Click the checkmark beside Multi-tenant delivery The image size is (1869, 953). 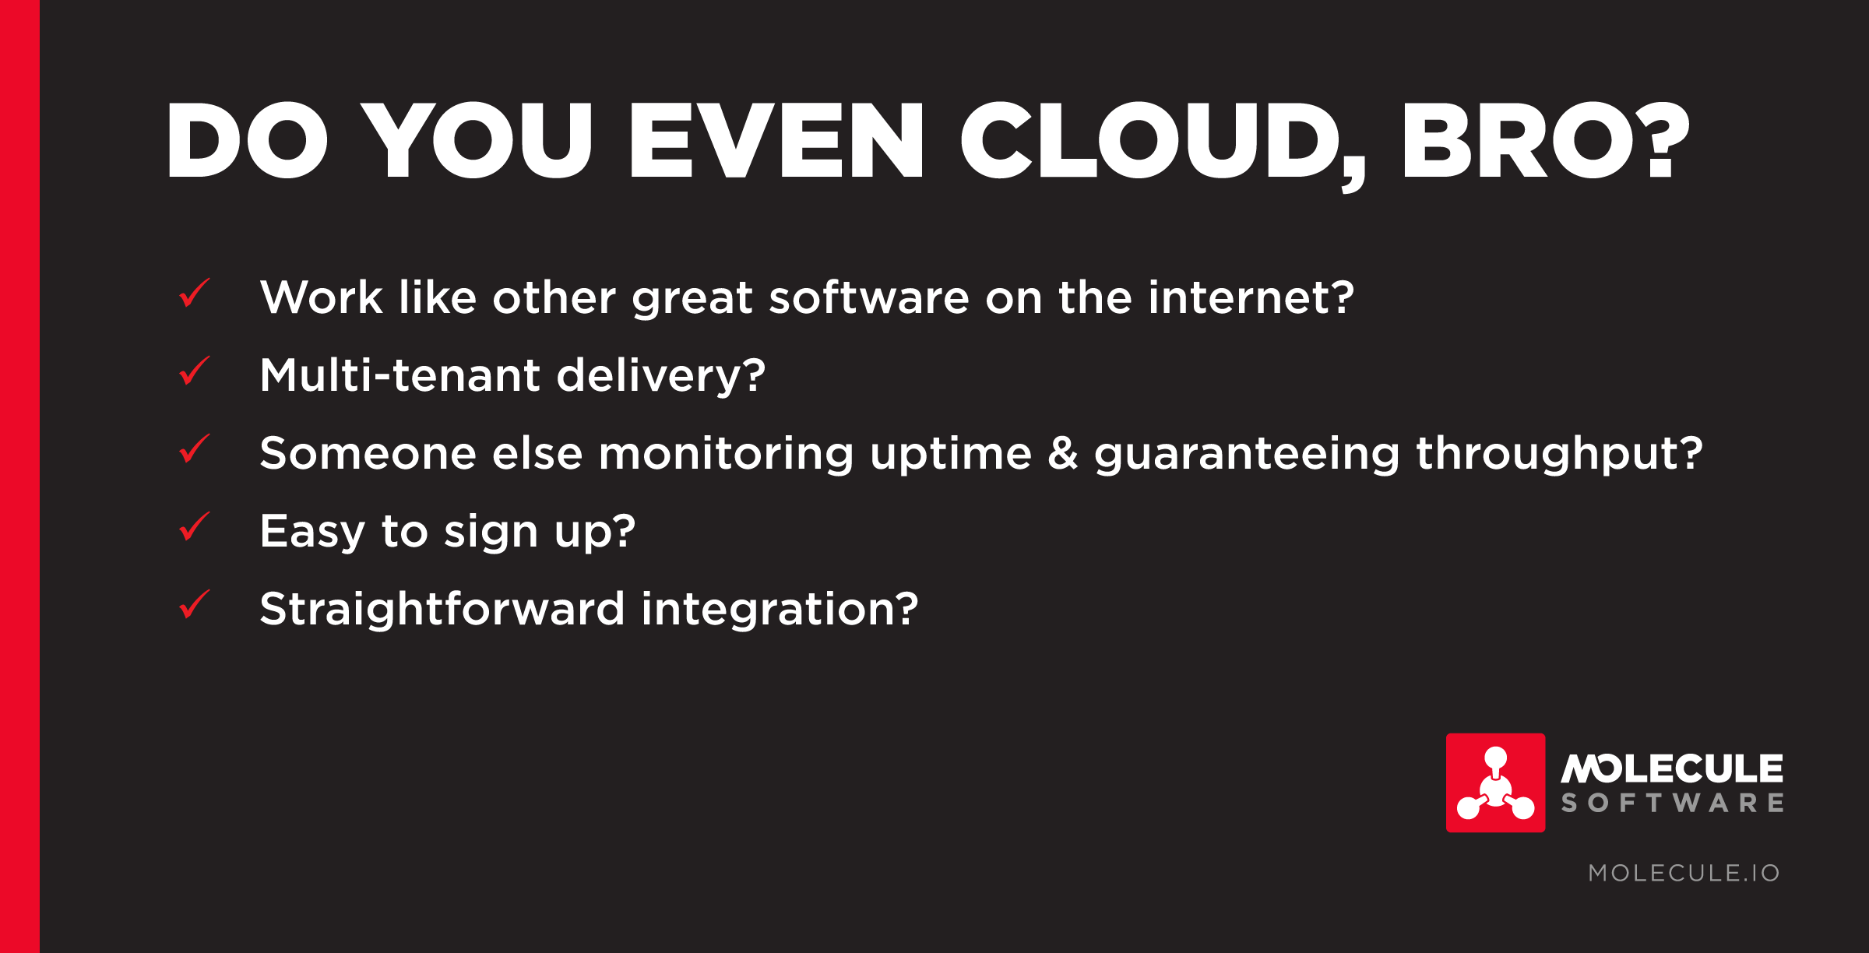click(x=195, y=371)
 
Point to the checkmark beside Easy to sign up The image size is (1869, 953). click(x=195, y=526)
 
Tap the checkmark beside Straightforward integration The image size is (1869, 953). click(x=195, y=604)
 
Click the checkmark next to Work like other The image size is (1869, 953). click(x=195, y=293)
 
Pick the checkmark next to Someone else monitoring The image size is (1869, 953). click(x=195, y=448)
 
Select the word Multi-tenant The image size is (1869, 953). click(x=399, y=375)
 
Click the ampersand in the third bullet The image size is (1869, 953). click(x=1063, y=453)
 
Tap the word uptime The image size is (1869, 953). click(x=951, y=455)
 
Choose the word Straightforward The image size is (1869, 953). click(x=442, y=610)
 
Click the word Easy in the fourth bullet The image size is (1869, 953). click(x=312, y=533)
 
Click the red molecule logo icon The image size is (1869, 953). click(x=1495, y=782)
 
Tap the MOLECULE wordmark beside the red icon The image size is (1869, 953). click(x=1672, y=768)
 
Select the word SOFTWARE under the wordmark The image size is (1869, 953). click(x=1672, y=804)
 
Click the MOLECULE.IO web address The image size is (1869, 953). click(x=1684, y=873)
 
